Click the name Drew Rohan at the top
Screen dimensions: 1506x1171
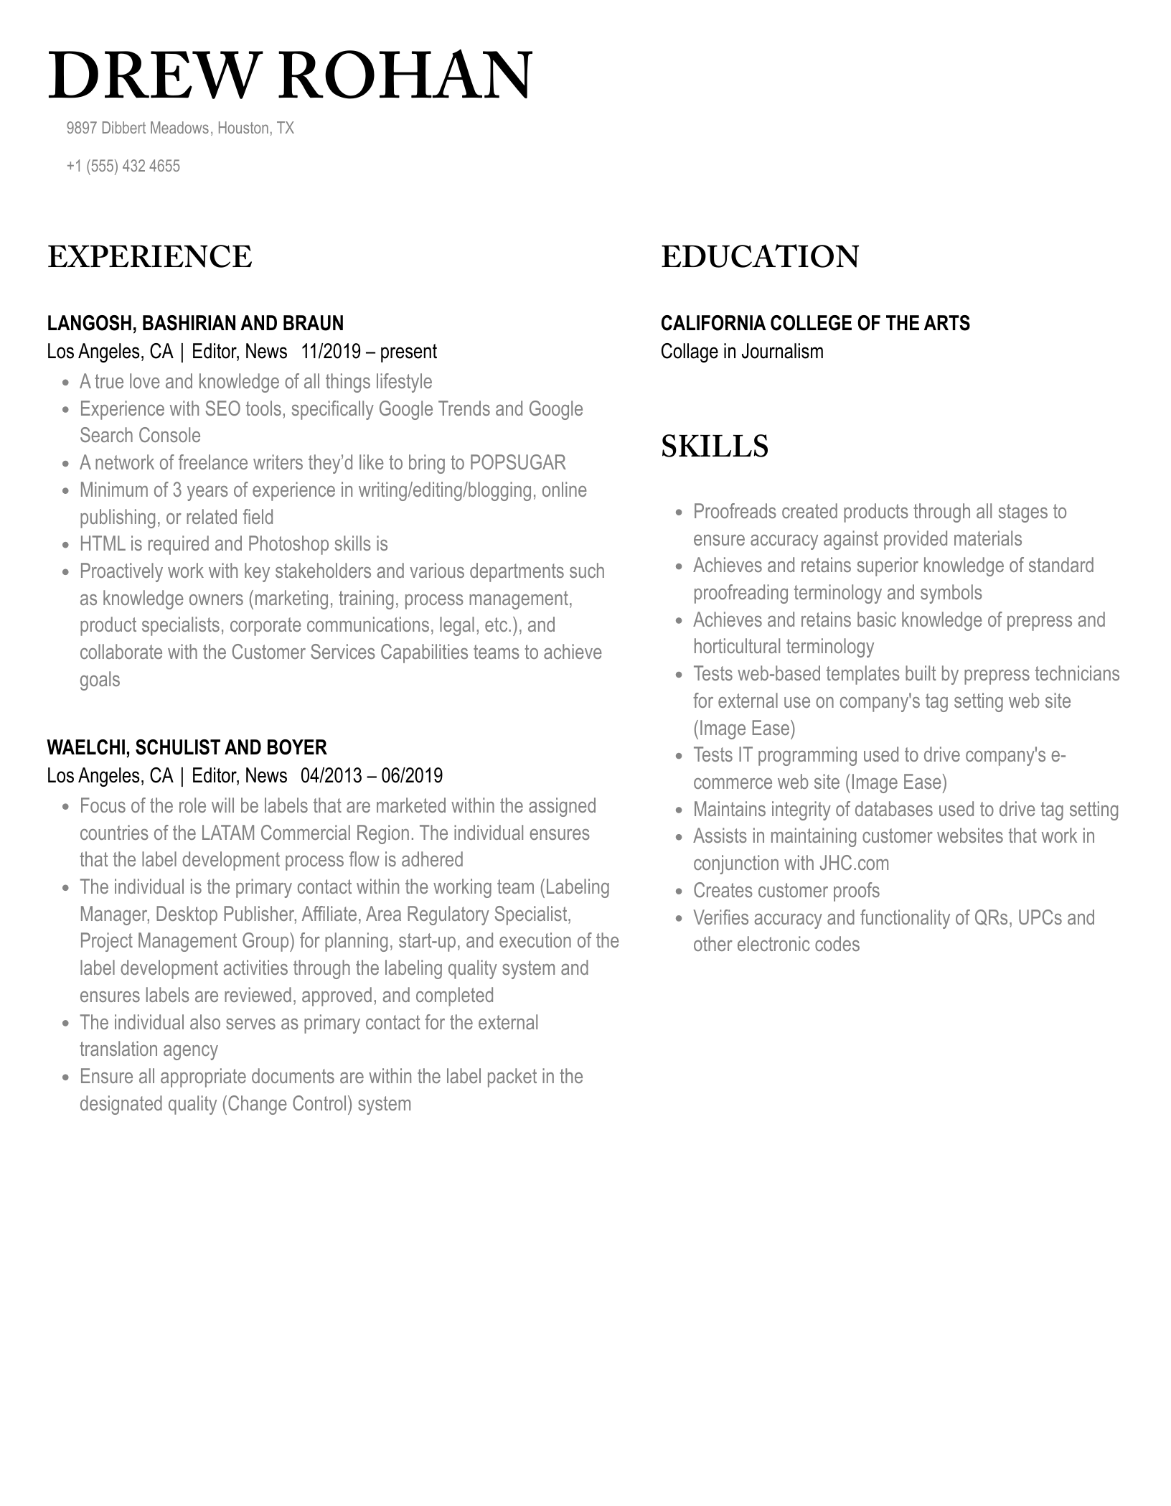click(x=290, y=75)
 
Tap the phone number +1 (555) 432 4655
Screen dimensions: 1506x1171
click(x=123, y=167)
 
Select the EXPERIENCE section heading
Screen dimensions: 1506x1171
click(x=150, y=257)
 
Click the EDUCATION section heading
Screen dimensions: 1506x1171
click(x=759, y=257)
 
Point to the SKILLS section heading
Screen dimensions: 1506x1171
click(x=714, y=446)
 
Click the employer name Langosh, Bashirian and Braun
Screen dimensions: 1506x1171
click(x=195, y=323)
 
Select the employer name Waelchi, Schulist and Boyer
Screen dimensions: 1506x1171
click(x=187, y=747)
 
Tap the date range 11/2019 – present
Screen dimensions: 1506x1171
click(x=369, y=352)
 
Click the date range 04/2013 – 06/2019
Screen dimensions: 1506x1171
click(x=372, y=776)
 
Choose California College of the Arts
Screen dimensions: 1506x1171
click(x=814, y=323)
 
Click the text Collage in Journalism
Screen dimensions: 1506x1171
click(x=741, y=352)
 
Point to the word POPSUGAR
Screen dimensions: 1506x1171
click(x=517, y=463)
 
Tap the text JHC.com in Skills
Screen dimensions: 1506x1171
click(x=853, y=864)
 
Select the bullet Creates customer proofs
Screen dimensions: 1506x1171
click(x=786, y=891)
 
